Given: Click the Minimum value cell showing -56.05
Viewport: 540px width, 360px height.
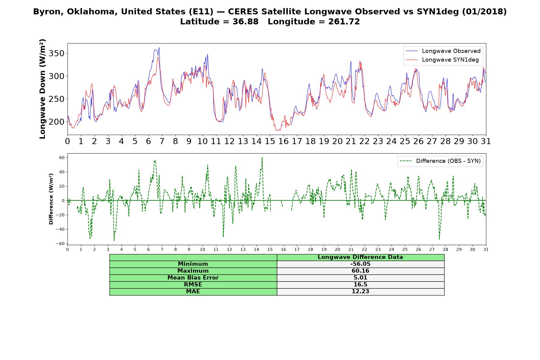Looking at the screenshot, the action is coord(360,264).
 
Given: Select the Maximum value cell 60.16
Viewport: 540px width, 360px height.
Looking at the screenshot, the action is coord(360,271).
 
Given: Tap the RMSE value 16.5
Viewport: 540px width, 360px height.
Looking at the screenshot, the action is coord(360,285).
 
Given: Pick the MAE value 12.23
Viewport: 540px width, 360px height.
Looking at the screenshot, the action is coord(360,292).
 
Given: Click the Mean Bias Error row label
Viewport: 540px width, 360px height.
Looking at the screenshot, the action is coord(193,278).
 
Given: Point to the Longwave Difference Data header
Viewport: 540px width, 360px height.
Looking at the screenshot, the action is coord(360,257).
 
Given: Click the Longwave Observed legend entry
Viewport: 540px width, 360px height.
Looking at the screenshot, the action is coord(443,51).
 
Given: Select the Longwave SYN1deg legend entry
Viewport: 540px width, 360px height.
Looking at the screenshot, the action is coord(442,60).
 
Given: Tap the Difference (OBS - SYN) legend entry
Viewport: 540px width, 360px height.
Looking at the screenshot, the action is coord(440,161).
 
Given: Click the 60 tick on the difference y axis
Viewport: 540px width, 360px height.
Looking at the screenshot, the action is coord(62,157).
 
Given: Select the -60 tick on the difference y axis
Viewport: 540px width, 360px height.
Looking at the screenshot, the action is coord(61,244).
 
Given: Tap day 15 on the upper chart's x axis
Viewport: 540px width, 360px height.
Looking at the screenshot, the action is coord(270,141).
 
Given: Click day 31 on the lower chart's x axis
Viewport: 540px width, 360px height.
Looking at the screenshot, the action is coord(486,250).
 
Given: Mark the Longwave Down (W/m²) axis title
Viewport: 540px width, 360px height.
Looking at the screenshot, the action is coord(42,89).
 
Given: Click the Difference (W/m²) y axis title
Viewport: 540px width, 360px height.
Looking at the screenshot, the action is coord(51,199).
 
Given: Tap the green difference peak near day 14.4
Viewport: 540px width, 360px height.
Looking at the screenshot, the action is coord(262,157).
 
